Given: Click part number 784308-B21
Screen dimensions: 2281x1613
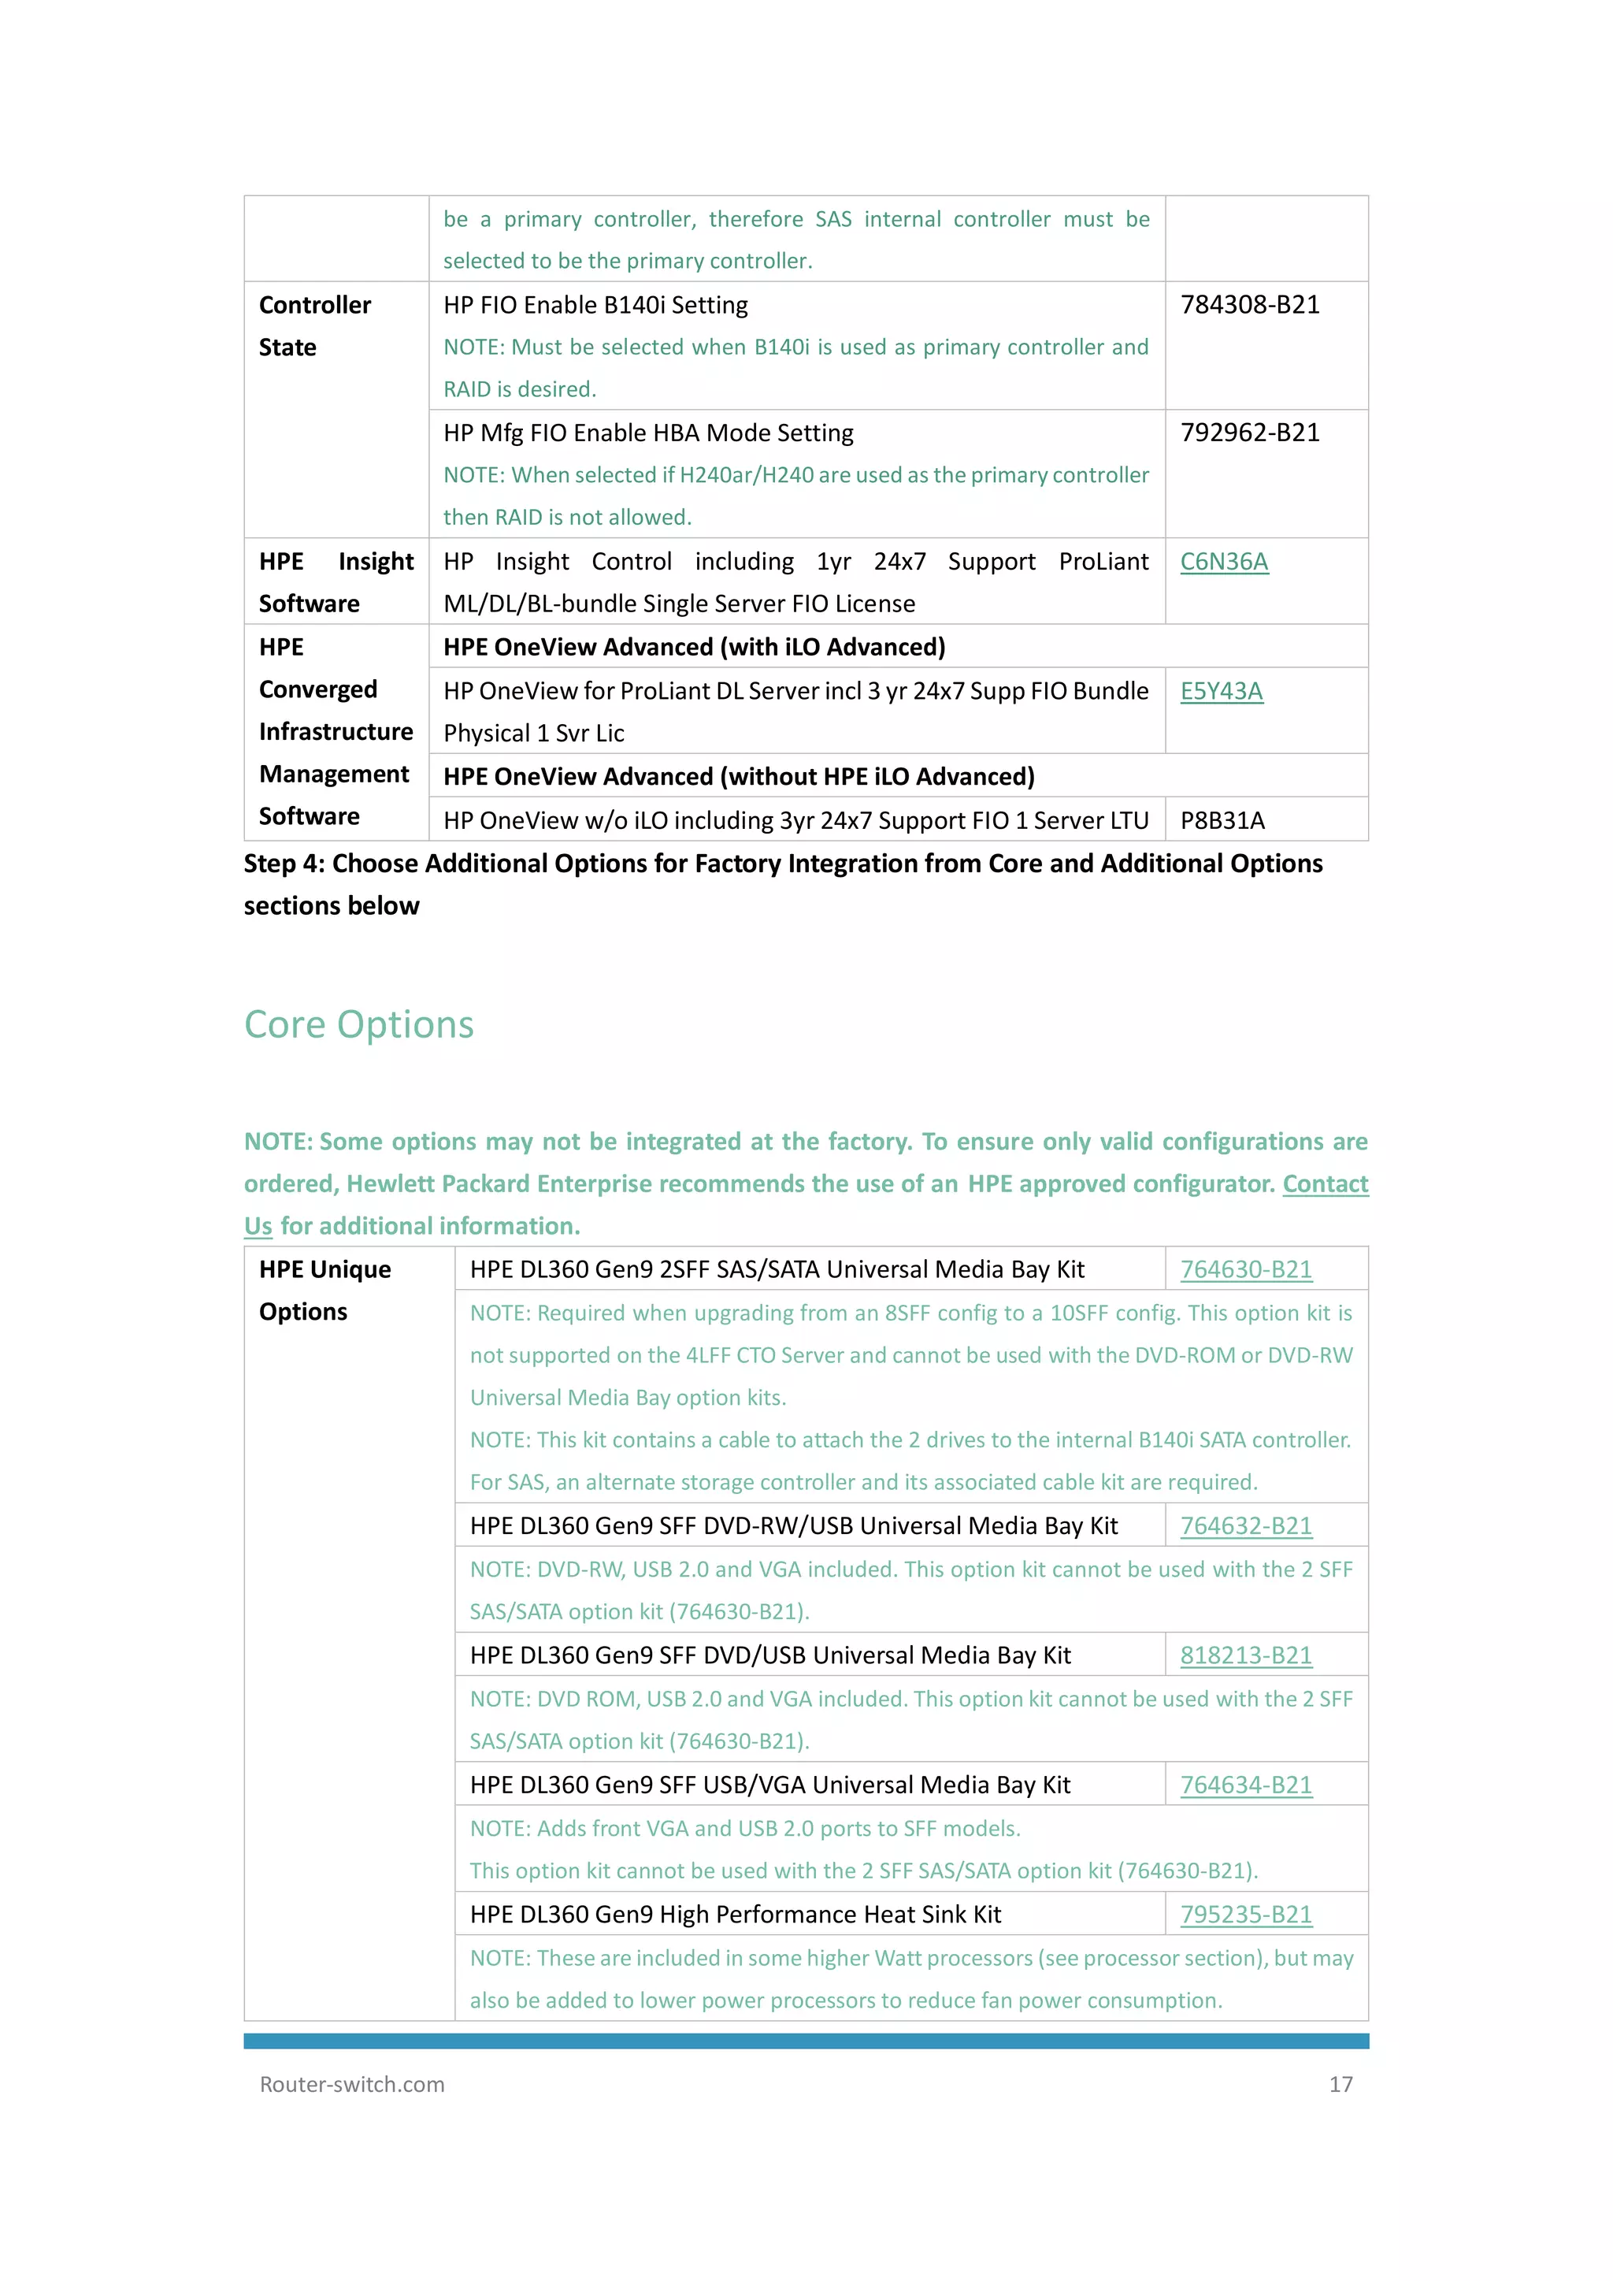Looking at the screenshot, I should pyautogui.click(x=1249, y=305).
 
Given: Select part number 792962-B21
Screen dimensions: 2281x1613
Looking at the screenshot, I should pyautogui.click(x=1249, y=433).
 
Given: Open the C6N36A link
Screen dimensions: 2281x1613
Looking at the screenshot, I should pyautogui.click(x=1224, y=563).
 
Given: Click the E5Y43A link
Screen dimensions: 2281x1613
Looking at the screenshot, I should pyautogui.click(x=1222, y=692).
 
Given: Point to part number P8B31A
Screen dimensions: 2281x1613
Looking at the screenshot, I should pyautogui.click(x=1222, y=820).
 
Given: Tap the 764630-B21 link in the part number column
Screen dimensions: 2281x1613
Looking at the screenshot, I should pyautogui.click(x=1245, y=1269).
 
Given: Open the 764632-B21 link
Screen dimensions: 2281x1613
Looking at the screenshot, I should pyautogui.click(x=1245, y=1526).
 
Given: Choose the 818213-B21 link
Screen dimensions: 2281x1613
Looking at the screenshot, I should pyautogui.click(x=1245, y=1655).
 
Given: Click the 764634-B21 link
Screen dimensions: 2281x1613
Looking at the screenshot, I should pyautogui.click(x=1245, y=1785).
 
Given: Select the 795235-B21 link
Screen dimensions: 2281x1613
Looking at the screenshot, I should pyautogui.click(x=1245, y=1915).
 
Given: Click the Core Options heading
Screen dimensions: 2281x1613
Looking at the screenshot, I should pyautogui.click(x=358, y=1024).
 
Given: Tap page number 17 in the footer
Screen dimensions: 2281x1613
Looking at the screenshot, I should pyautogui.click(x=1340, y=2084).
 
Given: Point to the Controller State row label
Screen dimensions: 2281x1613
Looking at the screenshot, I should pyautogui.click(x=314, y=326).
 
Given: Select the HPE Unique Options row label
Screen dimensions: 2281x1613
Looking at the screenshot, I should pyautogui.click(x=324, y=1291).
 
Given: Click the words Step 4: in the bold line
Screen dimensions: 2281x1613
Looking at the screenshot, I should pyautogui.click(x=284, y=864).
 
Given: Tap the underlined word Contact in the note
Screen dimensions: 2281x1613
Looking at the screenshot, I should pyautogui.click(x=1325, y=1184).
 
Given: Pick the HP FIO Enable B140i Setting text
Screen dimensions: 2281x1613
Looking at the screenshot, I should pyautogui.click(x=595, y=305).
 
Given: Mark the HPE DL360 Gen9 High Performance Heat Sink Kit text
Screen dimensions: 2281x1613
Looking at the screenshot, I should pyautogui.click(x=735, y=1915).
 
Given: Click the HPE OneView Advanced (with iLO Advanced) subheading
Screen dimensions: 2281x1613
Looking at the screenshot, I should pyautogui.click(x=693, y=648).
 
